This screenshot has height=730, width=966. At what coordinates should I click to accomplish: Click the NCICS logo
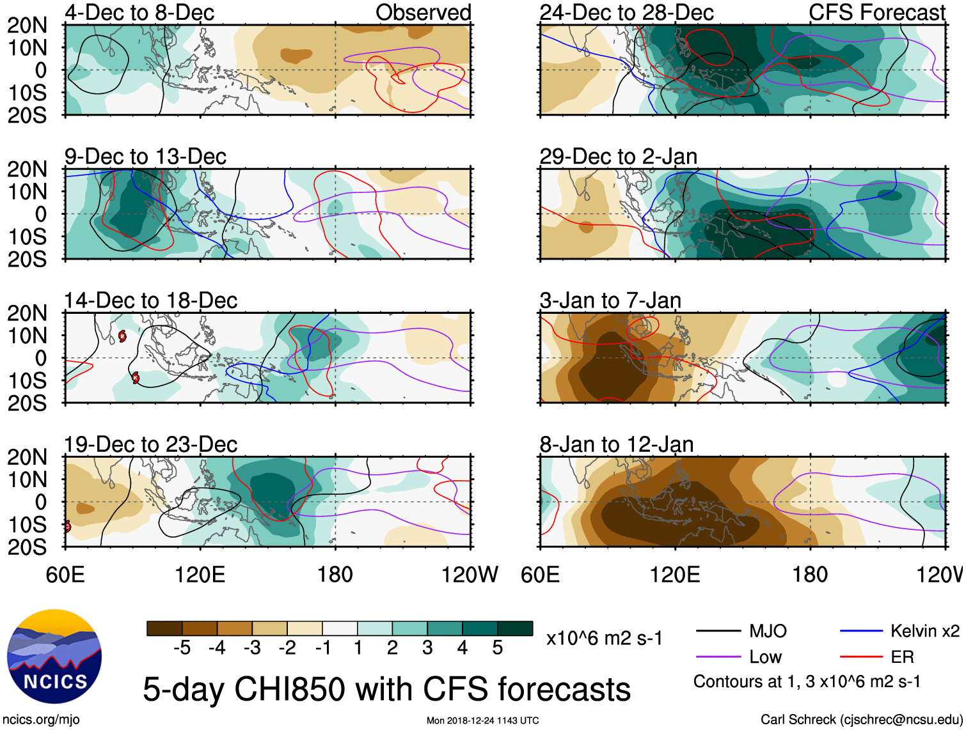pyautogui.click(x=54, y=656)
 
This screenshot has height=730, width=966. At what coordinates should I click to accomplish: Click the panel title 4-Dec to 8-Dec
pyautogui.click(x=139, y=13)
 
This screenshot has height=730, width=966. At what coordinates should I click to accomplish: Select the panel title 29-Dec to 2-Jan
pyautogui.click(x=618, y=157)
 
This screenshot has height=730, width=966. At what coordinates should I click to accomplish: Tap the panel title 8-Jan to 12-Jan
pyautogui.click(x=616, y=444)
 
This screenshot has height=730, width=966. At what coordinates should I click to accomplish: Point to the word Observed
pyautogui.click(x=423, y=13)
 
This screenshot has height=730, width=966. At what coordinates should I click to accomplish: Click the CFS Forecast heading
pyautogui.click(x=876, y=13)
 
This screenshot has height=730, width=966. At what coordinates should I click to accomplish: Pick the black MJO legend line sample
pyautogui.click(x=718, y=632)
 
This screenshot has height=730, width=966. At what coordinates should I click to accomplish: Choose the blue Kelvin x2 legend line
pyautogui.click(x=861, y=632)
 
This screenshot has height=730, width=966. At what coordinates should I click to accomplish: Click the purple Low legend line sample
pyautogui.click(x=718, y=657)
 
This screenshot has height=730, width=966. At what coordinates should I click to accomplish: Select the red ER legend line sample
pyautogui.click(x=861, y=657)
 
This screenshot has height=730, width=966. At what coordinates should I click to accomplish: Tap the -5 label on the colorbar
pyautogui.click(x=182, y=648)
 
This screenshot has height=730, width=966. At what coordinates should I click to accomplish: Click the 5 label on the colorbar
pyautogui.click(x=498, y=648)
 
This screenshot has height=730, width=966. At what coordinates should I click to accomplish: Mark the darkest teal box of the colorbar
pyautogui.click(x=515, y=628)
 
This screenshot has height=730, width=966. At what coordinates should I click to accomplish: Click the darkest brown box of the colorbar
pyautogui.click(x=164, y=628)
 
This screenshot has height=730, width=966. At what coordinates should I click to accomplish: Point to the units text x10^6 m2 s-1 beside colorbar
pyautogui.click(x=604, y=639)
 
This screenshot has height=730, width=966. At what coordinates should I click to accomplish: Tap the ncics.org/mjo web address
pyautogui.click(x=41, y=720)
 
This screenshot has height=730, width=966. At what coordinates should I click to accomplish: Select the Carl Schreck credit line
pyautogui.click(x=861, y=720)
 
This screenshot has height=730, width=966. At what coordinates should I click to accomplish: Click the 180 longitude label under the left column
pyautogui.click(x=335, y=575)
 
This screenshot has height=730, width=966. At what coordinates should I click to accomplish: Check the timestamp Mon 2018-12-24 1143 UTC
pyautogui.click(x=482, y=721)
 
